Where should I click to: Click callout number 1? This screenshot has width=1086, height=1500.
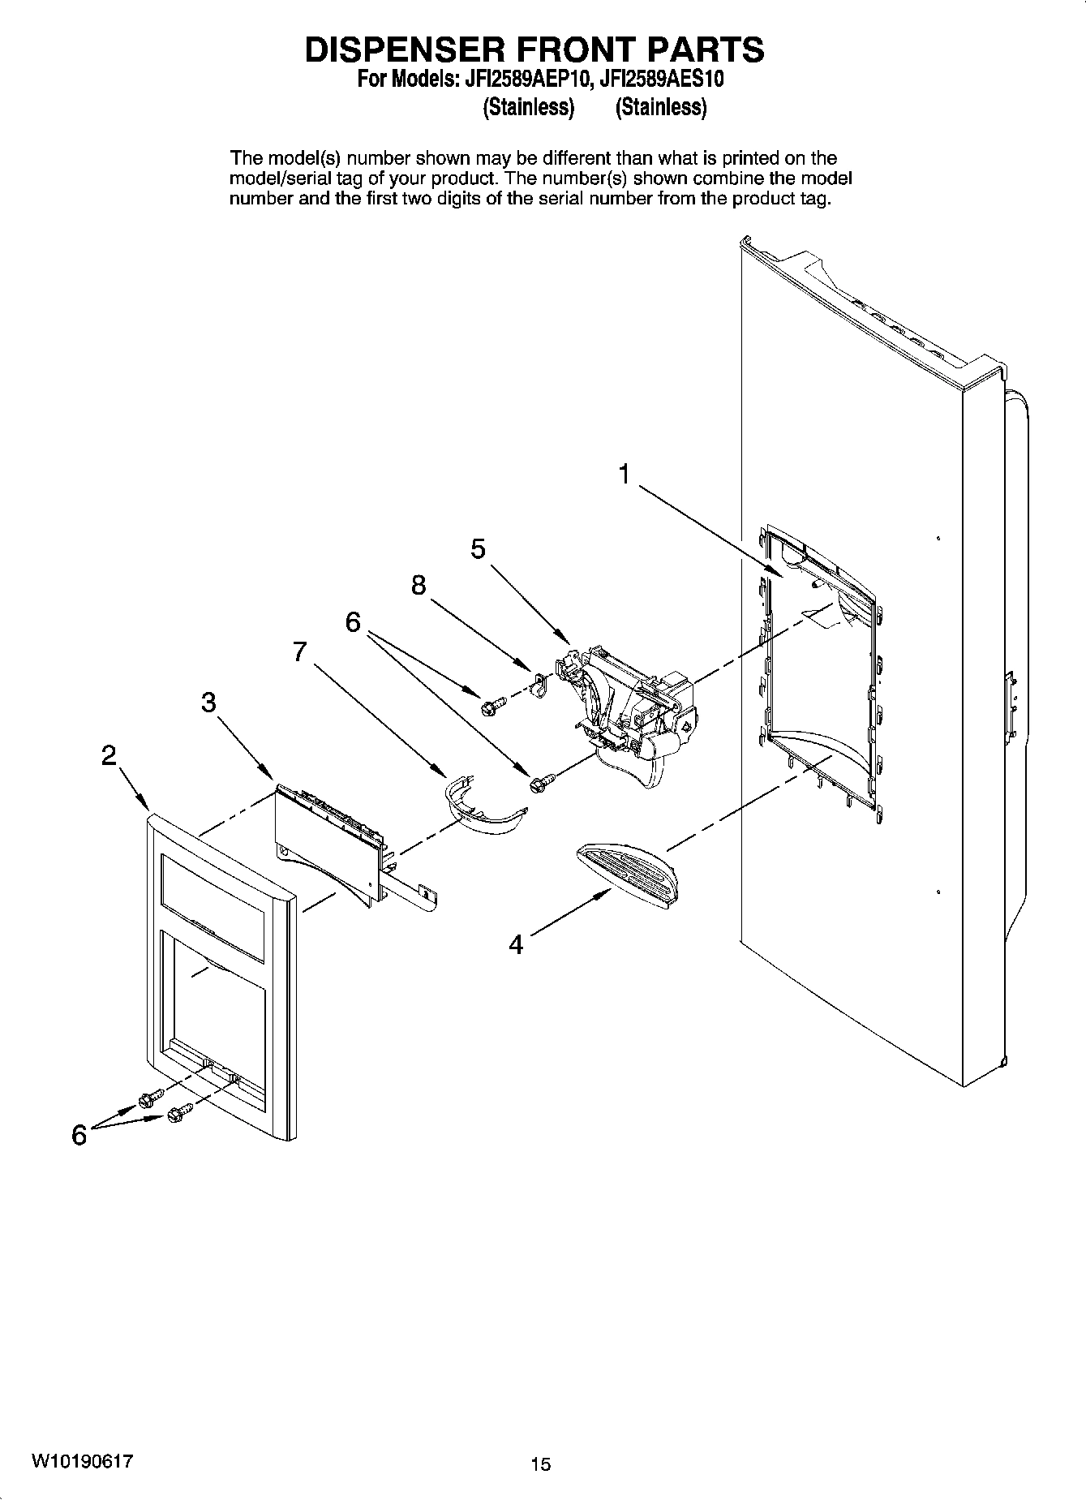point(624,474)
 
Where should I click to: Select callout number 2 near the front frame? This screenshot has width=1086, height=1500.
point(109,756)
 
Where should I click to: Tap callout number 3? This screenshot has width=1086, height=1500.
point(209,703)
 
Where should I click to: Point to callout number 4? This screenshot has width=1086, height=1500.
point(517,943)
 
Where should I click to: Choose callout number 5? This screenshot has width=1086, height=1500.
point(479,549)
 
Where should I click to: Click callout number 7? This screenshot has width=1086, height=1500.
point(300,651)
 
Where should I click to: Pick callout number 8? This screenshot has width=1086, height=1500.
point(419,585)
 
